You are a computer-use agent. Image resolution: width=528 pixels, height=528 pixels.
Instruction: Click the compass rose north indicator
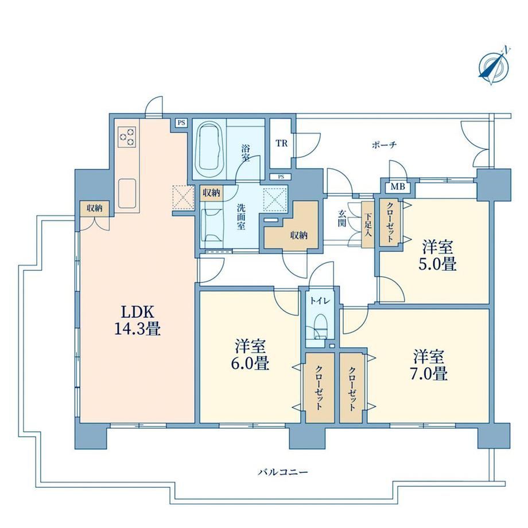[x=494, y=66]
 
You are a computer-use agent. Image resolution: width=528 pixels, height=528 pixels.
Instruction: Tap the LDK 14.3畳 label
[x=137, y=320]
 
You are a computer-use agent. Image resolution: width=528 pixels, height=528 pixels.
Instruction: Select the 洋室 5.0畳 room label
[x=437, y=255]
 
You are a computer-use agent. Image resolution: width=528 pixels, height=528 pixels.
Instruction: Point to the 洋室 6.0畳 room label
[x=250, y=355]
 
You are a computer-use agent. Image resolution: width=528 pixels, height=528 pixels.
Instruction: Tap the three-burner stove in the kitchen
[x=127, y=137]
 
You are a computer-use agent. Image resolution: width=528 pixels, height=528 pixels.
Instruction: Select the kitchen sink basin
[x=127, y=193]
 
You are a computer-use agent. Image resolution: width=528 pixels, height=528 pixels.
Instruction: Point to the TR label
[x=282, y=143]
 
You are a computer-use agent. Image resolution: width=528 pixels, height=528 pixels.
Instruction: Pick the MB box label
[x=398, y=187]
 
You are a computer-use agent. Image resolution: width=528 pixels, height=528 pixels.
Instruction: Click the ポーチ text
[x=384, y=145]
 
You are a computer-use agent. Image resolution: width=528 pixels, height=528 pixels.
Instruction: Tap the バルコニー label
[x=283, y=472]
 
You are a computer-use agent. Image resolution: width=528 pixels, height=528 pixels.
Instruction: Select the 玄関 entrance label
[x=342, y=218]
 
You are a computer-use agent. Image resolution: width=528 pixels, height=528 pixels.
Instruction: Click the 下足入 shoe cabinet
[x=367, y=225]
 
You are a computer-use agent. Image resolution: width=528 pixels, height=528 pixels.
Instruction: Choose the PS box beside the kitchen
[x=181, y=123]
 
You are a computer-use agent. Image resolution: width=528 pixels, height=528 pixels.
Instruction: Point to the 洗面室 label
[x=240, y=217]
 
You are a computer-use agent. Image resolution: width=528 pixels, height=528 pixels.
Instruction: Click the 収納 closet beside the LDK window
[x=95, y=208]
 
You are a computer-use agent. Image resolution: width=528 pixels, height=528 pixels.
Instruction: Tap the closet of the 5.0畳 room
[x=390, y=222]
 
